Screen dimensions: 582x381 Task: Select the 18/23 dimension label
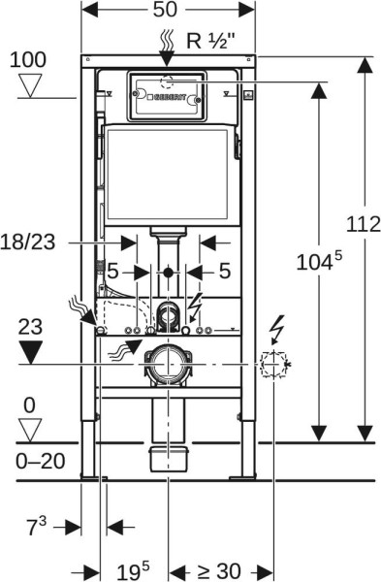pyautogui.click(x=27, y=242)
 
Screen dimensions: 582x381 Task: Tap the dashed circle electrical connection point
pyautogui.click(x=273, y=366)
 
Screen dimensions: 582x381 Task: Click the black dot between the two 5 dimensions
pyautogui.click(x=169, y=271)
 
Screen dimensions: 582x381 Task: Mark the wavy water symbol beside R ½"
pyautogui.click(x=169, y=40)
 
